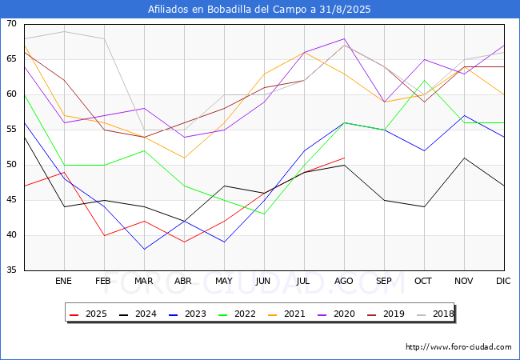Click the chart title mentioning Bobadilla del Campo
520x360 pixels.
pos(259,10)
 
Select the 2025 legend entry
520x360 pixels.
pos(88,314)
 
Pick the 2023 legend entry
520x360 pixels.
pos(187,314)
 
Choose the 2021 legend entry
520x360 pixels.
pos(286,314)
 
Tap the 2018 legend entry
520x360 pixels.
pos(435,314)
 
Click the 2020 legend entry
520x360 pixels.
pos(336,314)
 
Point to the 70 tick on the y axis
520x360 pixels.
pos(11,23)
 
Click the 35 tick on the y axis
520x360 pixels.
pos(11,270)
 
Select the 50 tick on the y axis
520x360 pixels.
pos(11,165)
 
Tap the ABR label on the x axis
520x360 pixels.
pos(183,281)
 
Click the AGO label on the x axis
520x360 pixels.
pos(343,281)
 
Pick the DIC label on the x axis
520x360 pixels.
pos(503,281)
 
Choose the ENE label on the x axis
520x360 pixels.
pos(63,281)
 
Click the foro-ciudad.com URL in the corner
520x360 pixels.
pos(458,347)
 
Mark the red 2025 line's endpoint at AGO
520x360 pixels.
pos(345,158)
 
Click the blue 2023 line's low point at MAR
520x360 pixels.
pos(144,249)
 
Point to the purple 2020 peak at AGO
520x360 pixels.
pos(345,38)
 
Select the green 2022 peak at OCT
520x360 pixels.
pos(425,80)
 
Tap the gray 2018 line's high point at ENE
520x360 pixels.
pos(64,31)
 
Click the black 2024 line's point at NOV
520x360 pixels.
pos(464,158)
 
